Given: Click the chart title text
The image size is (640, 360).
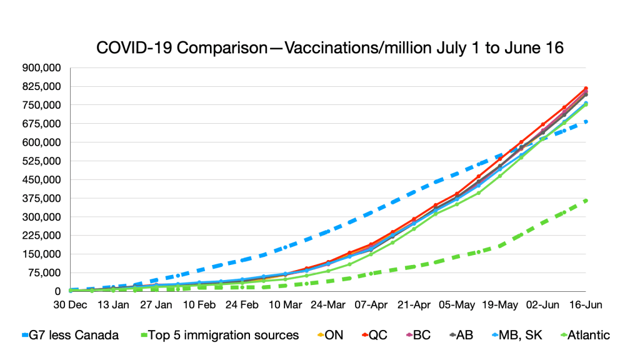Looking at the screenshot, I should point(330,48).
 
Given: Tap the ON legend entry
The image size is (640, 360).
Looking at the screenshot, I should point(329,335).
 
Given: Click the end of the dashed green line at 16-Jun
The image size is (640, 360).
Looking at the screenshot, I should point(586,200).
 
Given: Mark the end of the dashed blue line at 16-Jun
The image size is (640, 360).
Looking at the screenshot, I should point(586,121).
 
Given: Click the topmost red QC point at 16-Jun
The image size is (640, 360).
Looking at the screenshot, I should point(586,88).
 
